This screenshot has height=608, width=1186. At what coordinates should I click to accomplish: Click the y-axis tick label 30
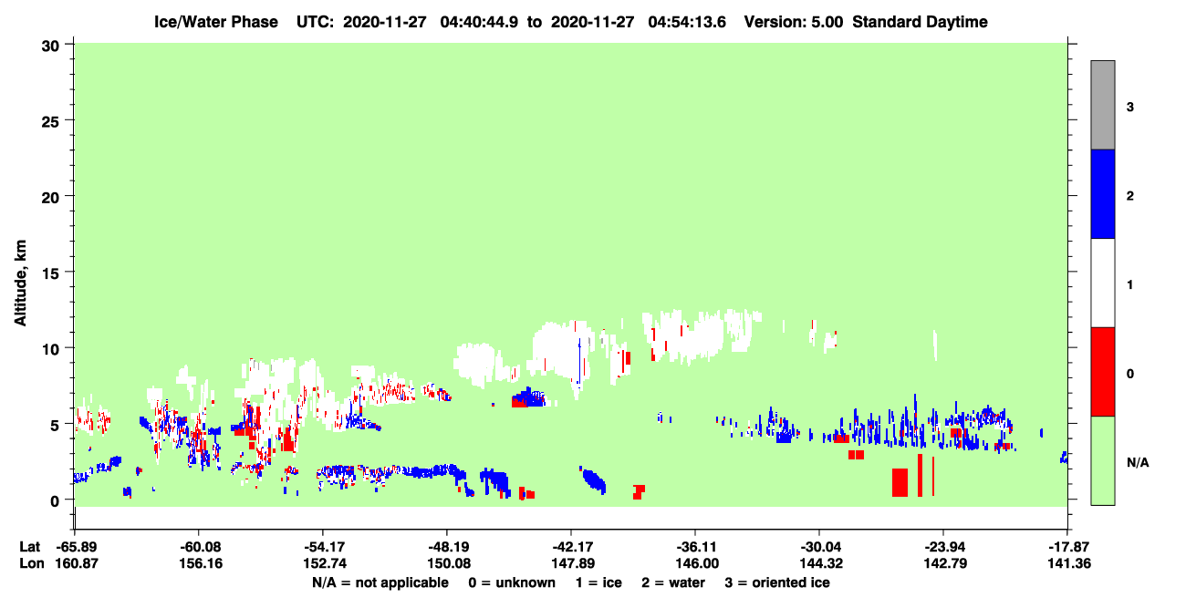pyautogui.click(x=50, y=46)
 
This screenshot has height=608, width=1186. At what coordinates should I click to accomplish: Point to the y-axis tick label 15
pyautogui.click(x=50, y=273)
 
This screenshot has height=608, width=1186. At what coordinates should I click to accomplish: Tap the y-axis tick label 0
pyautogui.click(x=55, y=501)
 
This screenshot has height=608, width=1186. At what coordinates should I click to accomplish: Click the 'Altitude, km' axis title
pyautogui.click(x=20, y=283)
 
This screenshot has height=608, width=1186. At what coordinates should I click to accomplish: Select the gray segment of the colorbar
pyautogui.click(x=1102, y=105)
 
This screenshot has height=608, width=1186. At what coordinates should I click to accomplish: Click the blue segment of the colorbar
pyautogui.click(x=1102, y=193)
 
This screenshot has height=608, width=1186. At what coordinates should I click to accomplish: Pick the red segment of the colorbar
pyautogui.click(x=1102, y=372)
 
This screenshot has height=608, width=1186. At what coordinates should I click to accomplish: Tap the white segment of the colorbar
pyautogui.click(x=1102, y=283)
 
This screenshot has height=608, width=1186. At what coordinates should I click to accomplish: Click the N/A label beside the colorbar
pyautogui.click(x=1138, y=463)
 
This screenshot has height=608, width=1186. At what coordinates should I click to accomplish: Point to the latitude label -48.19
pyautogui.click(x=448, y=547)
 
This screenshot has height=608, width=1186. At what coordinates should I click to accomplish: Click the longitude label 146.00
pyautogui.click(x=697, y=563)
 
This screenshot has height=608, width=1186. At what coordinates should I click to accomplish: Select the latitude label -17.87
pyautogui.click(x=1068, y=547)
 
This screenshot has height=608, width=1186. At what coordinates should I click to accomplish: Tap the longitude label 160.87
pyautogui.click(x=77, y=563)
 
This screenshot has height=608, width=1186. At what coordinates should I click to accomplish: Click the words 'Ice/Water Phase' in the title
pyautogui.click(x=216, y=22)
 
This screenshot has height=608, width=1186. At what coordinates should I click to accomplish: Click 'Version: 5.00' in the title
pyautogui.click(x=794, y=22)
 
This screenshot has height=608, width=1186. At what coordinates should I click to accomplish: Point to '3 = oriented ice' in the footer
pyautogui.click(x=777, y=582)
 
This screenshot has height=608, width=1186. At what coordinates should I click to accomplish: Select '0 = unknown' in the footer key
pyautogui.click(x=512, y=582)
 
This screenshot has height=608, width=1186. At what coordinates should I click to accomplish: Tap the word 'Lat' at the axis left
pyautogui.click(x=29, y=547)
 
